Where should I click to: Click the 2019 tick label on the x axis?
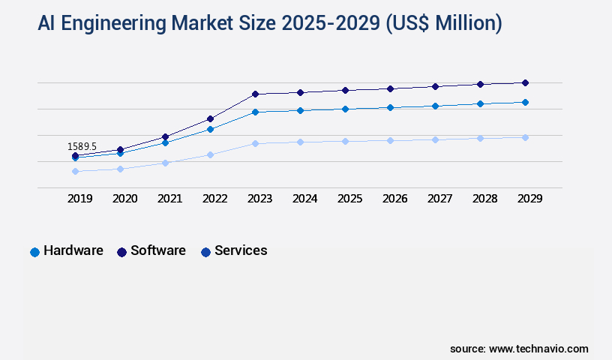tap(79, 199)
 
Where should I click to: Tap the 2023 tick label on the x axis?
tap(259, 199)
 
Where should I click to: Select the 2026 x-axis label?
tap(394, 199)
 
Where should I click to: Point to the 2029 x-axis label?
tap(529, 199)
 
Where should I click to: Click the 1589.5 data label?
tap(82, 146)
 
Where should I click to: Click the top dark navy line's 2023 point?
tap(255, 94)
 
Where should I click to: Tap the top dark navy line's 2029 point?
tap(525, 82)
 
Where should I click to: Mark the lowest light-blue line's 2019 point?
tap(75, 171)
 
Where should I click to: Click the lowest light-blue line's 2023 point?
tap(255, 143)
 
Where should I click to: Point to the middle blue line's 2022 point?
tap(210, 129)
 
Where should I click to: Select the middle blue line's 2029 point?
tap(525, 102)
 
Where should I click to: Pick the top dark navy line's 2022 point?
tap(210, 118)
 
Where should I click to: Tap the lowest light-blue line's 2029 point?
tap(525, 137)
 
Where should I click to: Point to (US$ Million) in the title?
tap(443, 23)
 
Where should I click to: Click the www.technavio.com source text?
tap(538, 349)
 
